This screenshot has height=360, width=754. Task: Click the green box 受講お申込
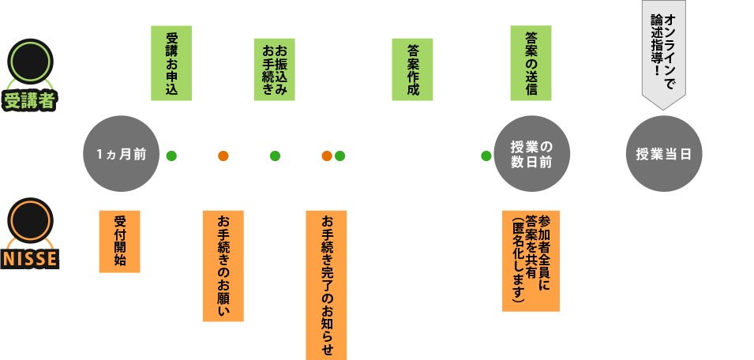pos(171,63)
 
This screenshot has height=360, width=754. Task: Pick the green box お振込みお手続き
pos(274,69)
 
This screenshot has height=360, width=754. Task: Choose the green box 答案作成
pos(413,69)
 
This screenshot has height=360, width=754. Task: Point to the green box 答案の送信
pos(531,63)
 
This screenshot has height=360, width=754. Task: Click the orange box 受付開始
pos(119,241)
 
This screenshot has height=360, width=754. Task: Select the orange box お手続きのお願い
pos(223,265)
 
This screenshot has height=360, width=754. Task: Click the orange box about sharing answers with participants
pos(531,260)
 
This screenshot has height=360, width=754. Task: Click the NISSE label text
pos(30,260)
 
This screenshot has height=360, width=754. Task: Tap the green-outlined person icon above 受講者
pos(30,62)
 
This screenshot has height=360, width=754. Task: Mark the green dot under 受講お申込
pos(171,156)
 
